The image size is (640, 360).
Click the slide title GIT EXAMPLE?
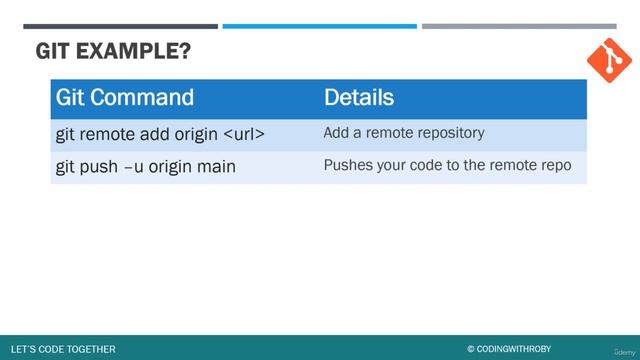pos(113,52)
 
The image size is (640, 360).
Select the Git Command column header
pos(125,98)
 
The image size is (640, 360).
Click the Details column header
pos(358,98)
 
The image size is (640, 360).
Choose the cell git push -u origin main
pos(145,166)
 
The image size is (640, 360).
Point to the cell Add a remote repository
pos(404,132)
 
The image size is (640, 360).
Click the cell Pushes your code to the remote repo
pos(447,165)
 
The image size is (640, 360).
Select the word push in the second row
pos(100,166)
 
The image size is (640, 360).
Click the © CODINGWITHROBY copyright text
pos(511,349)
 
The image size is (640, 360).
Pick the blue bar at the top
pos(319,26)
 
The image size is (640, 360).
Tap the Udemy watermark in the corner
pos(621,350)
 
